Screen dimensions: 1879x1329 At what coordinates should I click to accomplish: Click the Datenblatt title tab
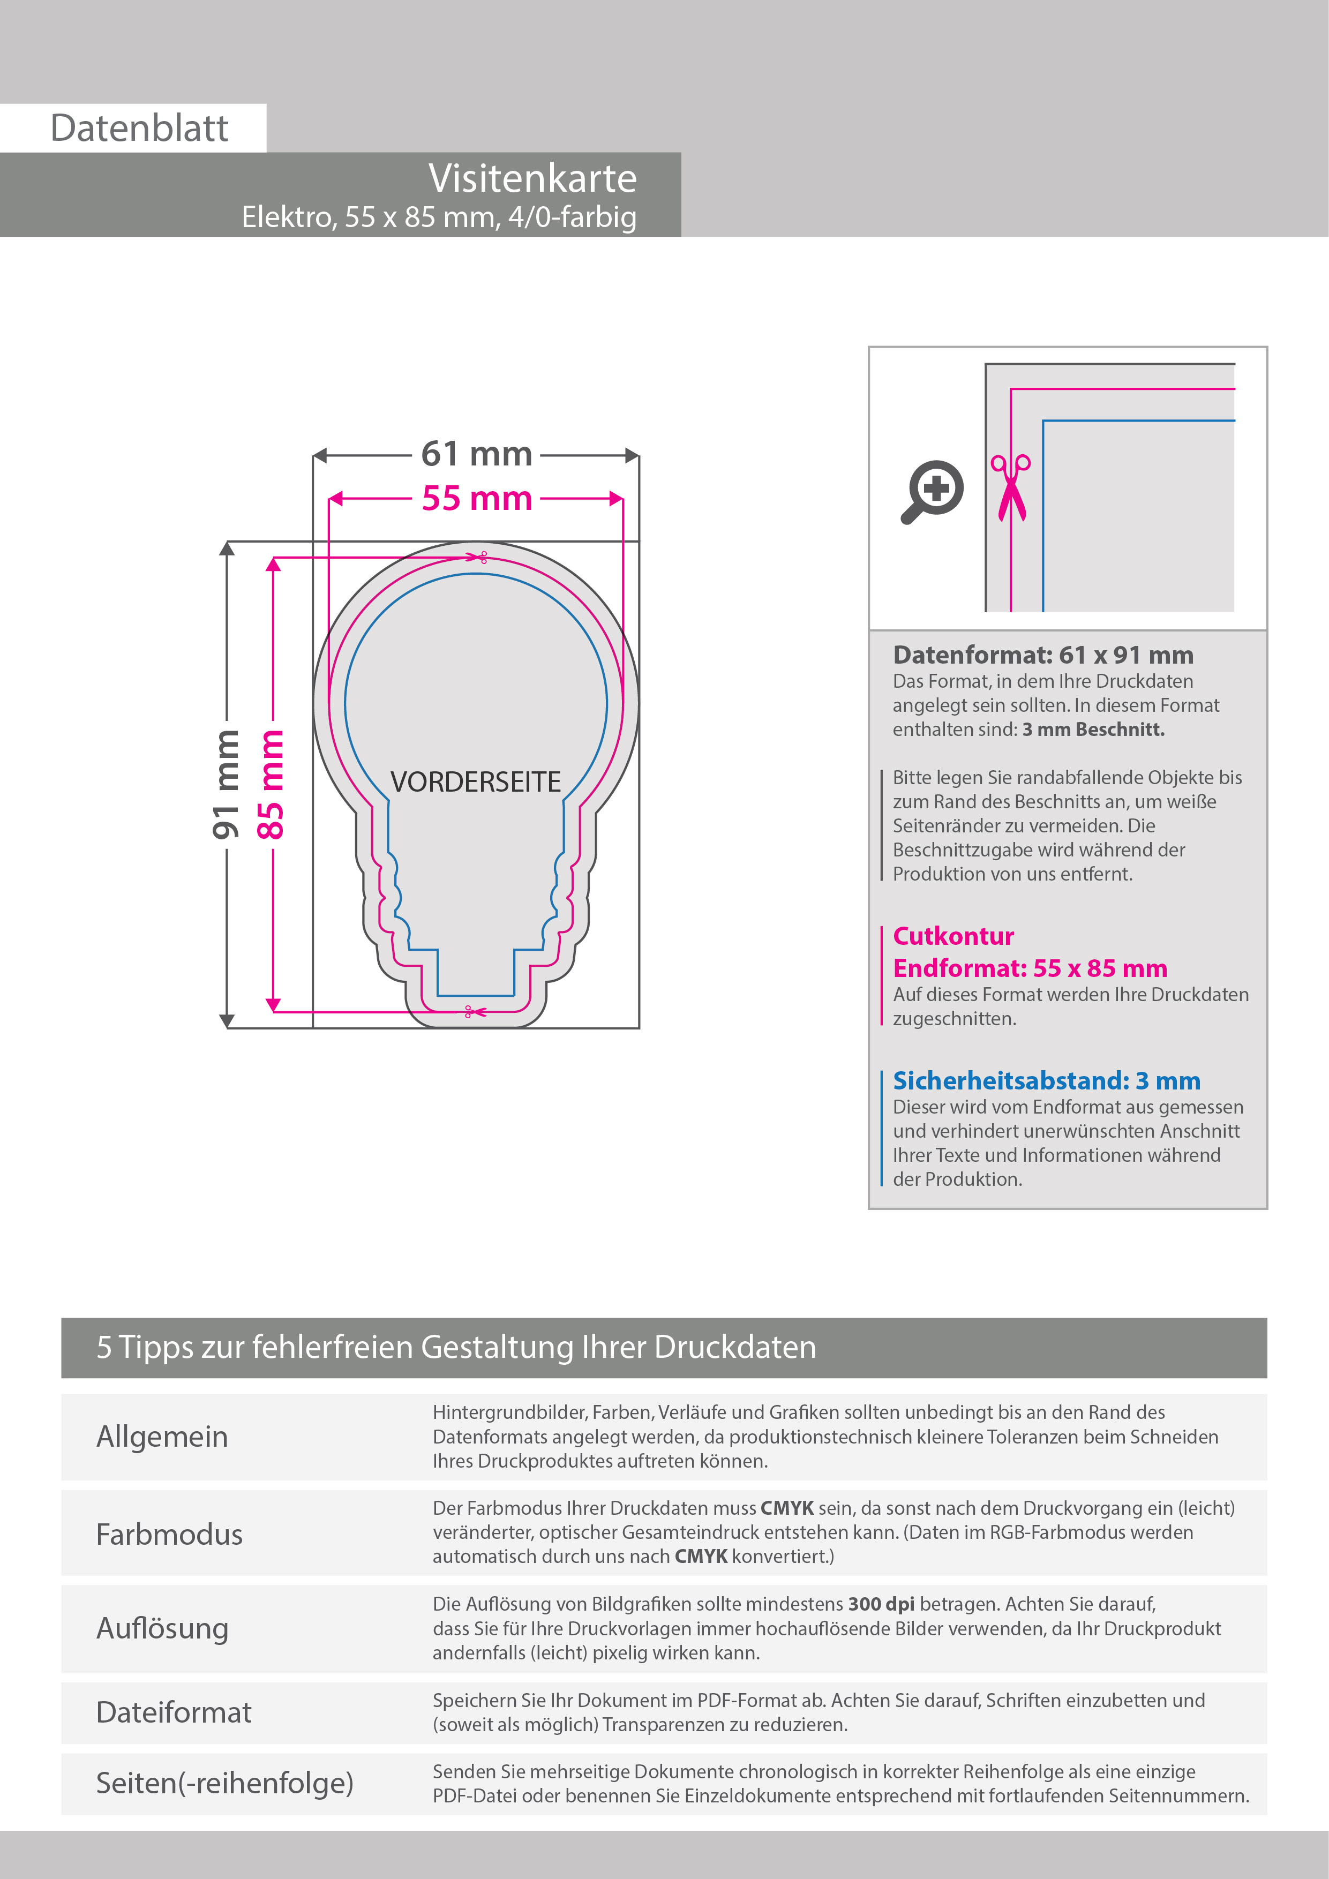click(139, 129)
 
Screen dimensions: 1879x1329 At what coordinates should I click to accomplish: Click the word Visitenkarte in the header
click(532, 178)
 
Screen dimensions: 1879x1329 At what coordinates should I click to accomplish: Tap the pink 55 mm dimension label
click(476, 498)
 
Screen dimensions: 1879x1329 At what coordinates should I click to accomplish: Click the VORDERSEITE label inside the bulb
click(476, 783)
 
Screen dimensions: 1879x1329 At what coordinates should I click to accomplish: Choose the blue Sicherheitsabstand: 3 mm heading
click(1046, 1080)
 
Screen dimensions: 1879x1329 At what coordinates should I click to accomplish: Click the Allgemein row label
click(162, 1436)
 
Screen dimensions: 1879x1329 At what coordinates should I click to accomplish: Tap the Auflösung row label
click(162, 1628)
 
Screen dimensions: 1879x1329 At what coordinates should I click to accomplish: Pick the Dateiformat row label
click(174, 1712)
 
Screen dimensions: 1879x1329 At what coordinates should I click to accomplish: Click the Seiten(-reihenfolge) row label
click(224, 1783)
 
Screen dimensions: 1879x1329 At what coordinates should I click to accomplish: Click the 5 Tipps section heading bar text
click(456, 1347)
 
